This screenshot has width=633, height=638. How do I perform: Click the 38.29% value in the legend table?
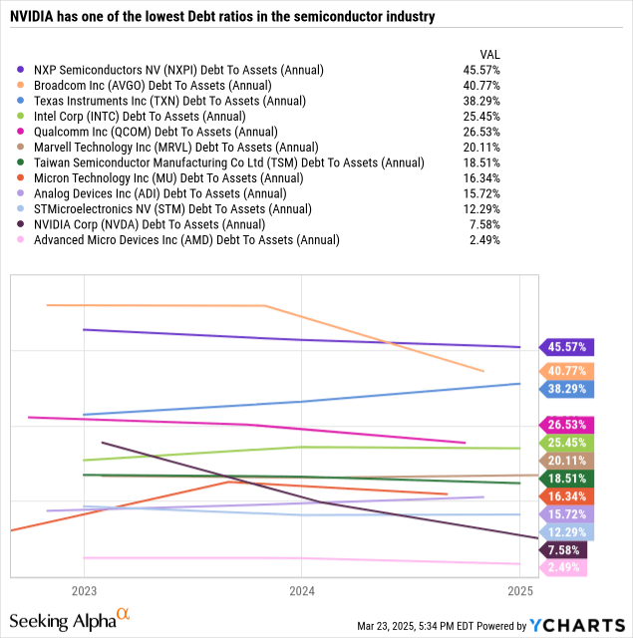click(478, 101)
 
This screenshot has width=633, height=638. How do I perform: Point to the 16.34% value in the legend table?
click(478, 177)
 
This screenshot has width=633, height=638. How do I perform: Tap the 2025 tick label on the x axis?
click(518, 590)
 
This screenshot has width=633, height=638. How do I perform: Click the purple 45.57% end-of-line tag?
click(566, 347)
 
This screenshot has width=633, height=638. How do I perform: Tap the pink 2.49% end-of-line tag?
click(563, 567)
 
